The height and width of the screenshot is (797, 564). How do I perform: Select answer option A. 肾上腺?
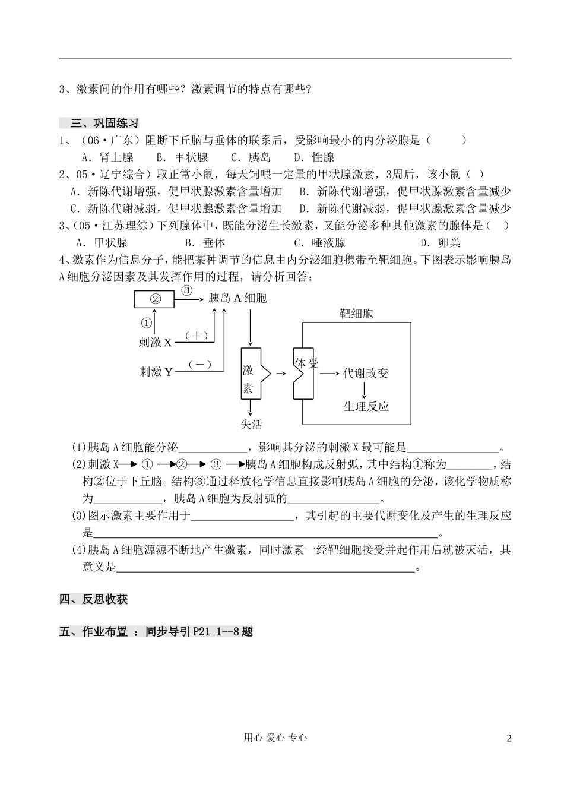point(107,157)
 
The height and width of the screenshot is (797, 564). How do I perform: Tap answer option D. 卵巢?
point(440,242)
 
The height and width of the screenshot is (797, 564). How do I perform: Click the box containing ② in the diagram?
point(154,299)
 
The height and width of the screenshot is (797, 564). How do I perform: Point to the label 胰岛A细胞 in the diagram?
point(237,298)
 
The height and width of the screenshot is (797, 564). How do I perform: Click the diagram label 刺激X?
point(156,343)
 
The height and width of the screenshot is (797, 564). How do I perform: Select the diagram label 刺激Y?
point(156,372)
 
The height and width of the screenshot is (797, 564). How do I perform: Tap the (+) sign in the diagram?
point(197,336)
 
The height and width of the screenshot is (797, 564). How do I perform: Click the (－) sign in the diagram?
point(199,365)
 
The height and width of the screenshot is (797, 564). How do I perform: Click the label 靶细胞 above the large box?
point(356,314)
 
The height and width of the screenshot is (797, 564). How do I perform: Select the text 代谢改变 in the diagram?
point(366,373)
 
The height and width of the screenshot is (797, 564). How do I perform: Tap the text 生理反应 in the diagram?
point(366,406)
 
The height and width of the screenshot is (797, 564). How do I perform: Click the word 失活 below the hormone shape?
point(251,424)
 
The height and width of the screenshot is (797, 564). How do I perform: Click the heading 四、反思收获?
point(94,599)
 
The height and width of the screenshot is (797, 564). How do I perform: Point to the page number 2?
point(508,738)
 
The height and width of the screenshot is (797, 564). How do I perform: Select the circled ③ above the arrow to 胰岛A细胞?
point(186,290)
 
